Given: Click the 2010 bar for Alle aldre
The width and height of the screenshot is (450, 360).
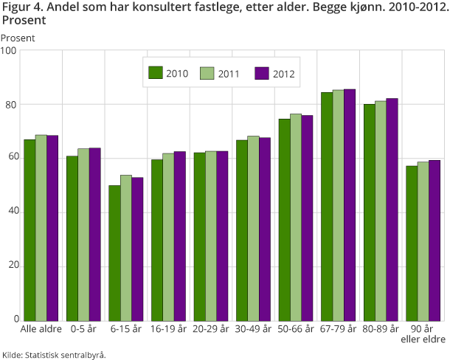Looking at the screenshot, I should [x=30, y=229].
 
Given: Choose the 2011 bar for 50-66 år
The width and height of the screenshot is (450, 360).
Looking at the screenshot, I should [x=296, y=217].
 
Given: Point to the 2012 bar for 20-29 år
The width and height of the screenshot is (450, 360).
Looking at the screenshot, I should [x=222, y=235].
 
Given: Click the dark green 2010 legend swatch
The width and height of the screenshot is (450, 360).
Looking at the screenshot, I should [x=155, y=72].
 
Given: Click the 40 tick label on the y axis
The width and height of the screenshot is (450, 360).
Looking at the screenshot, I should [x=11, y=212].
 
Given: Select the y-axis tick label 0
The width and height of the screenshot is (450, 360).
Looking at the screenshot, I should [x=14, y=320].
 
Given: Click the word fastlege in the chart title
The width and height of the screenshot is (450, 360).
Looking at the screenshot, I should [x=218, y=8].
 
